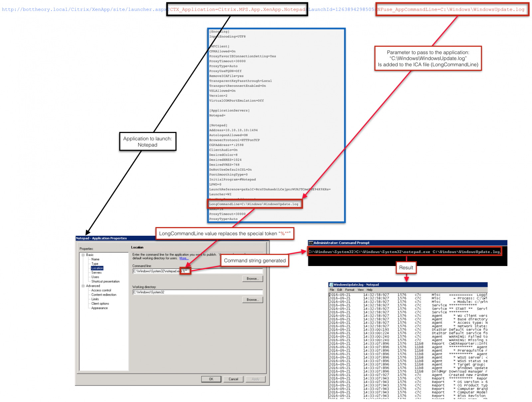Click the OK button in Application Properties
211,379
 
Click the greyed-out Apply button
255,379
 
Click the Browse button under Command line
252,279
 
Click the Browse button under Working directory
252,300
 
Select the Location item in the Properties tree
97,268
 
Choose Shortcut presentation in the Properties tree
105,281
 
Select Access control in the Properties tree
101,290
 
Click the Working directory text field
198,292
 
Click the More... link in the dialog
184,258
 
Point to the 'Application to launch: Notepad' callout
148,142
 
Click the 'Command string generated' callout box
255,260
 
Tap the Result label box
406,268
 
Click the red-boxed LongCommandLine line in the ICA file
255,204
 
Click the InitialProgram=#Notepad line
232,180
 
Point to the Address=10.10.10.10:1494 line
233,130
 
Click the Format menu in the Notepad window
350,290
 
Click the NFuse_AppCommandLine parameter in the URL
452,9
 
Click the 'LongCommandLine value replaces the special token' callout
225,233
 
